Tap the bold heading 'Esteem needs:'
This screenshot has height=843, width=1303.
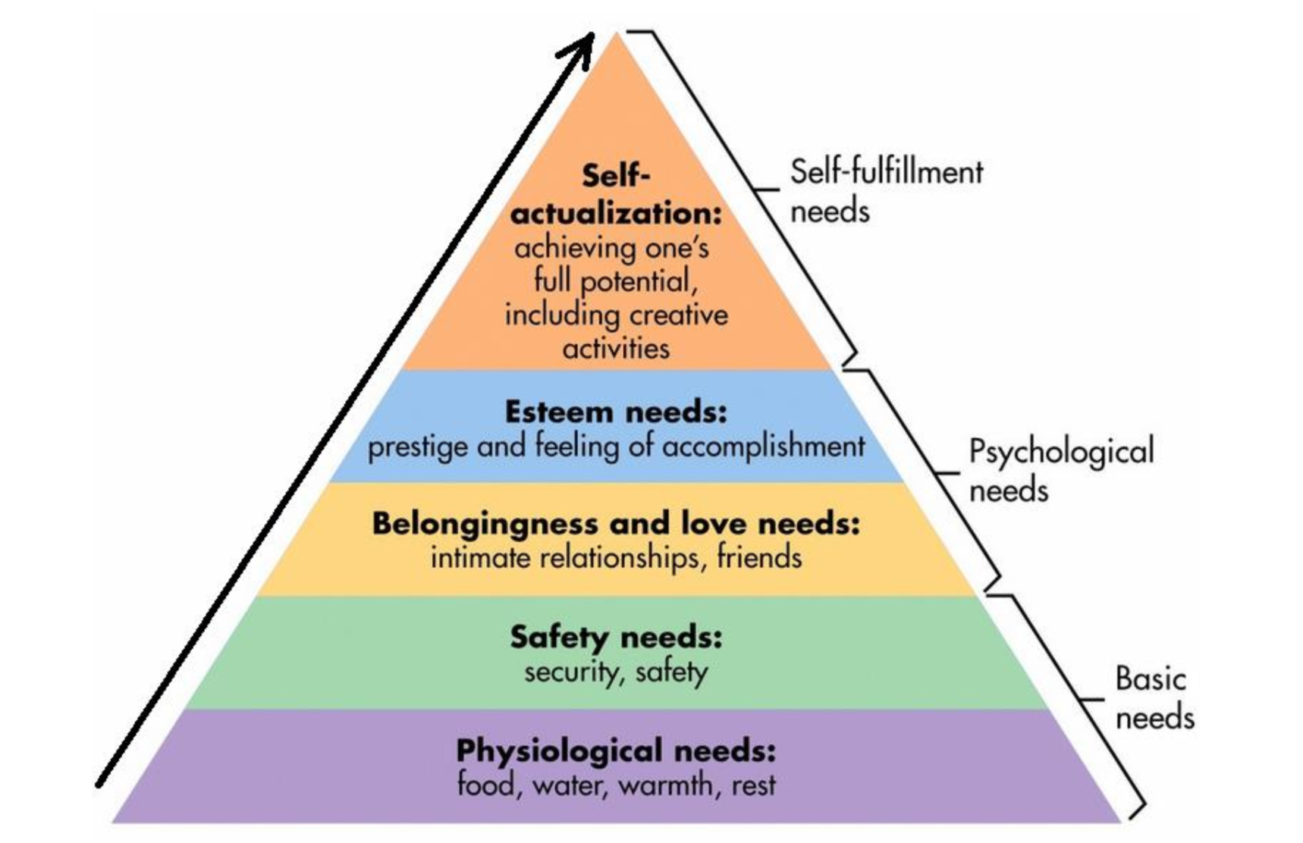(x=616, y=412)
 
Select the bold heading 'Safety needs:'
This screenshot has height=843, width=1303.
(x=616, y=637)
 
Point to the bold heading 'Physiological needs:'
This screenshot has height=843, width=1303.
(x=616, y=751)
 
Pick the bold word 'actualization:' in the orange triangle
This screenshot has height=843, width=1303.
(x=616, y=213)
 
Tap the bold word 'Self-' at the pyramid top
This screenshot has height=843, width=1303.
(x=616, y=176)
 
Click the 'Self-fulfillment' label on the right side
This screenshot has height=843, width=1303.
(x=886, y=172)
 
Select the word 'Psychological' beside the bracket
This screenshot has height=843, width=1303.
(x=1061, y=452)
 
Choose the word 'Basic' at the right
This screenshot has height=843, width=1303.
(x=1150, y=678)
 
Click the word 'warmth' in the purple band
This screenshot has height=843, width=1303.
(x=665, y=785)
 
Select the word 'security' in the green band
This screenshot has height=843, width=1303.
(x=571, y=672)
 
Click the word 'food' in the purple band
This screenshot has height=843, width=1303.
(x=486, y=784)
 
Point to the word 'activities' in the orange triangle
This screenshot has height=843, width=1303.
(x=616, y=349)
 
